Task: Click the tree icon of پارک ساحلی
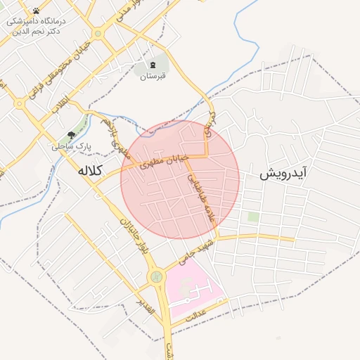click(71, 134)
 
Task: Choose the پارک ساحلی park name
click(67, 146)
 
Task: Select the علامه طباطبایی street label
click(200, 200)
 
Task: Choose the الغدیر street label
click(146, 303)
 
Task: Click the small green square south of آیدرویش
click(252, 217)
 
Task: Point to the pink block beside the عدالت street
click(193, 289)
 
